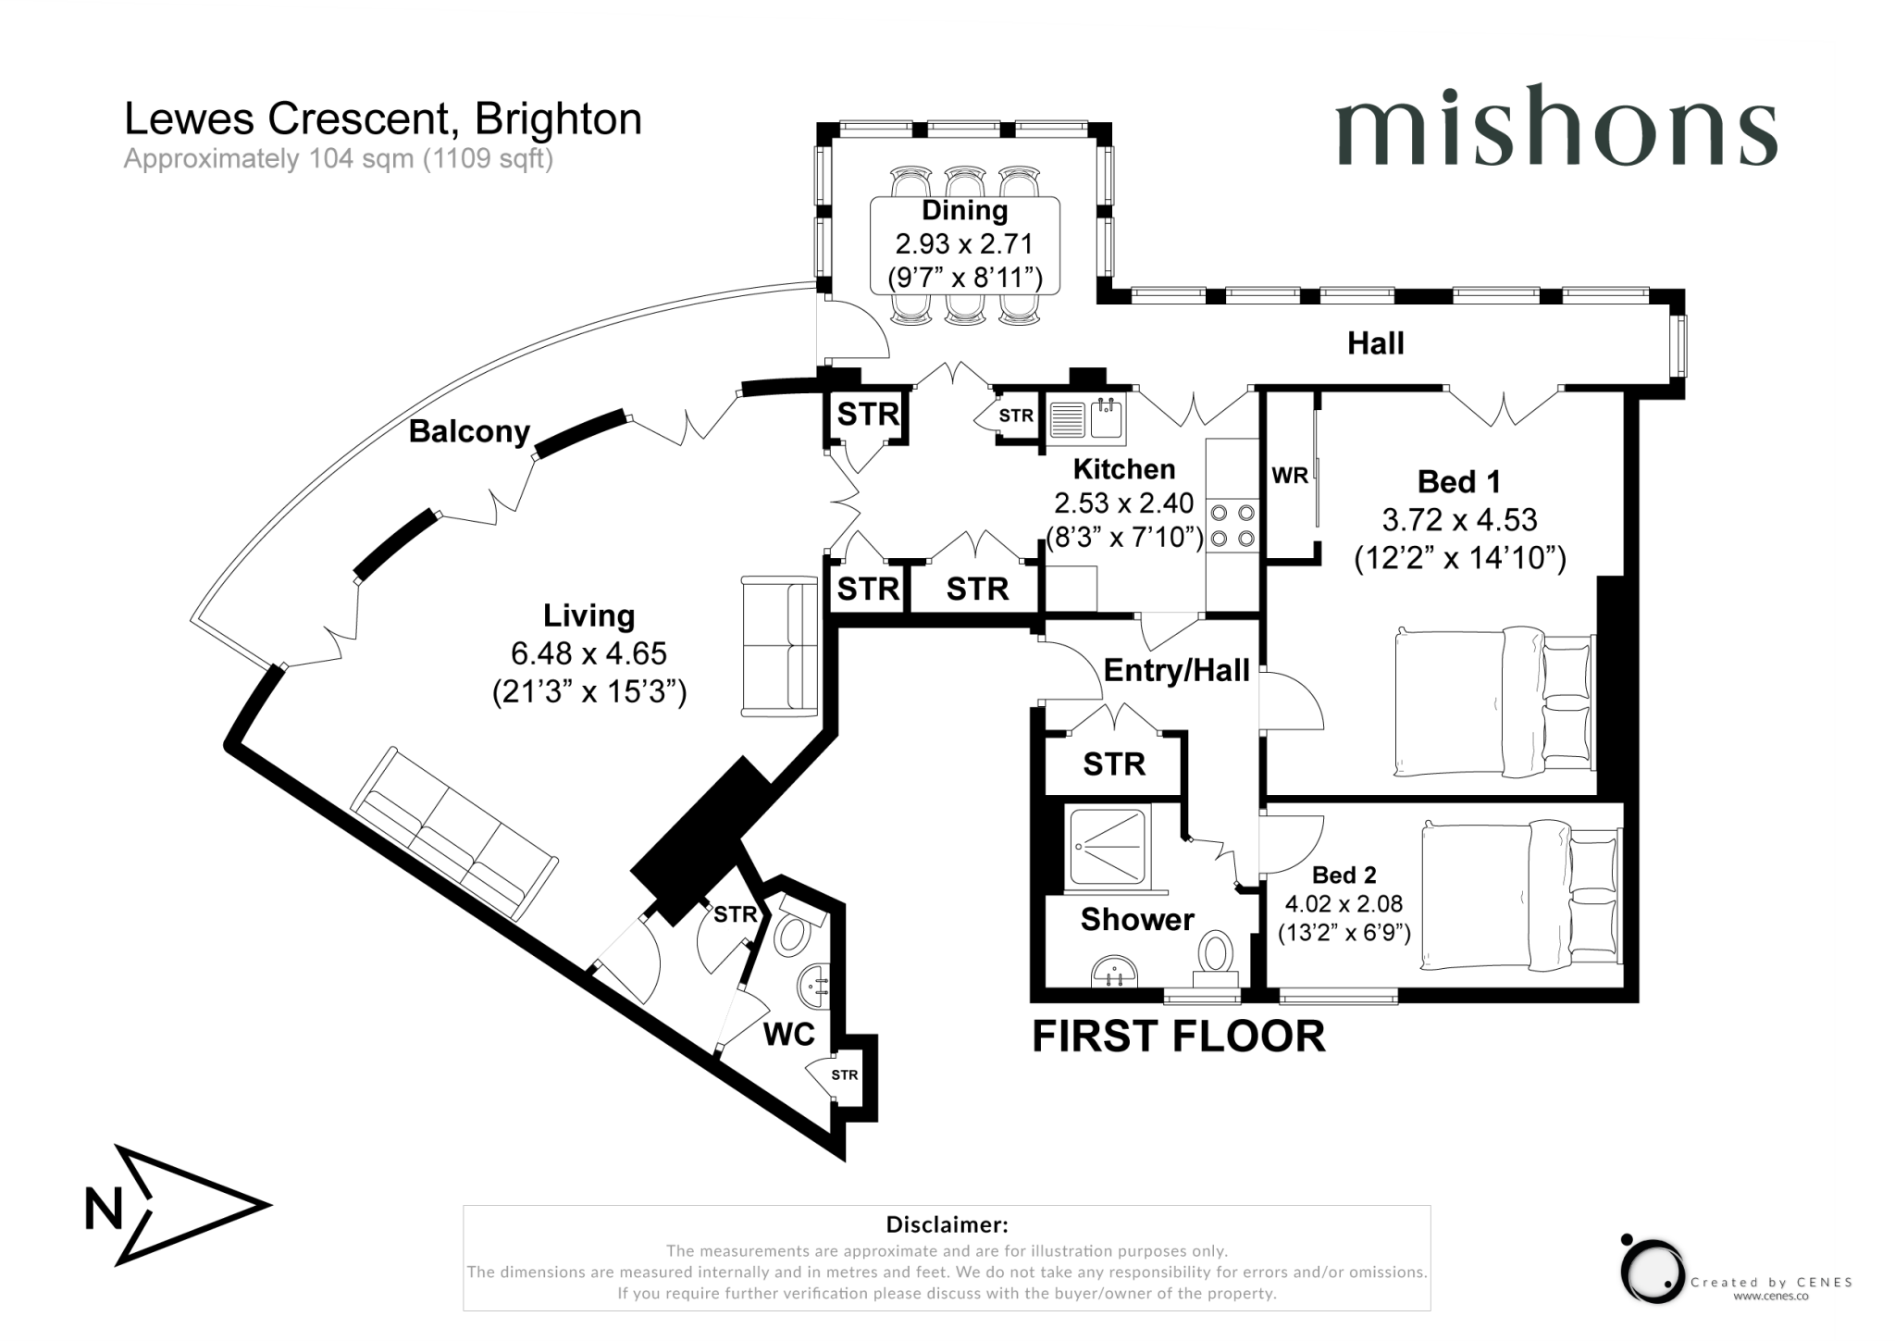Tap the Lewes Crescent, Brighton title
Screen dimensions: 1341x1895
382,119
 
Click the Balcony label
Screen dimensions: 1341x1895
469,431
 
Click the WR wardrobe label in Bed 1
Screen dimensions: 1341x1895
1289,476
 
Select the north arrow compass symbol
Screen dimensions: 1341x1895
176,1206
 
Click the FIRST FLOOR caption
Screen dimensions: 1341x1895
1178,1037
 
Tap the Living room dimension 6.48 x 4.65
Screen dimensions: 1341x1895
588,653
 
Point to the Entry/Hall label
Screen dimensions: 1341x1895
1176,670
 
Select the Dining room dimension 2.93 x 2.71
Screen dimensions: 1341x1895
964,243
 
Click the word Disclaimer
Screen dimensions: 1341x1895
946,1224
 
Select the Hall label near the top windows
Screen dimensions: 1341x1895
1375,343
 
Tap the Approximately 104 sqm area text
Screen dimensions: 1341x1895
338,159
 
